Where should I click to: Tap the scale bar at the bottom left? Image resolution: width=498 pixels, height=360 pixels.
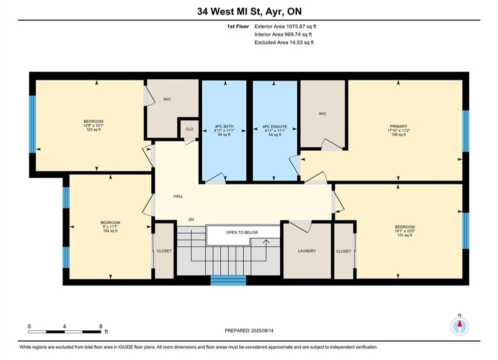pos(65,332)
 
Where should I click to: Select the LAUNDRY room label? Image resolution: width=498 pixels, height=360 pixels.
pos(307,251)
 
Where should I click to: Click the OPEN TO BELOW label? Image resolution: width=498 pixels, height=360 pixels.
pos(242,232)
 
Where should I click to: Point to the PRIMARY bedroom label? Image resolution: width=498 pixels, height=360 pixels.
pos(398,126)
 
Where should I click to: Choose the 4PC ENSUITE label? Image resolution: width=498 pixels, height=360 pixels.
pos(275,126)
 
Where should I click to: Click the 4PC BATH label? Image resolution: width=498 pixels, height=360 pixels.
pos(224,126)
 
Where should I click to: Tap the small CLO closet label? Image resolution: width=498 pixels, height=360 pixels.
pos(189,129)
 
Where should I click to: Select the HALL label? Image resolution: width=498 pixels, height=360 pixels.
pos(178,196)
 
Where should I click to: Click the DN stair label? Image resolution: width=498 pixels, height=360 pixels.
pos(191,219)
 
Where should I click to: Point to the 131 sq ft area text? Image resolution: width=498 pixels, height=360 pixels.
pos(404,235)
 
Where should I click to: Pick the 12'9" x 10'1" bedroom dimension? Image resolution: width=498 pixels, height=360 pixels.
pos(94,125)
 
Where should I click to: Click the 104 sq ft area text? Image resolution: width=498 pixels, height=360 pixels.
pos(110,231)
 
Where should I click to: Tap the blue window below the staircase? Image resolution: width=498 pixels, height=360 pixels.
pos(228,280)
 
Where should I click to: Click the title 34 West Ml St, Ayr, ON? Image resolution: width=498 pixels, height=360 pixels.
pos(249,11)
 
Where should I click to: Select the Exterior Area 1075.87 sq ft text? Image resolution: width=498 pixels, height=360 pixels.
pos(285,26)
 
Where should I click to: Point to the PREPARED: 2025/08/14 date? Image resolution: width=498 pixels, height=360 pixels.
pos(249,330)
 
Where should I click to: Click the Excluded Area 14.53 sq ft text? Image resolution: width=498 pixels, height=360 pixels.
pos(284,42)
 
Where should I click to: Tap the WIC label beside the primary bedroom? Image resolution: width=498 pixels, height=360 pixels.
pos(322,113)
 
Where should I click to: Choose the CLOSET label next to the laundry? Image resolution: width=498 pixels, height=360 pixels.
pos(344,251)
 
